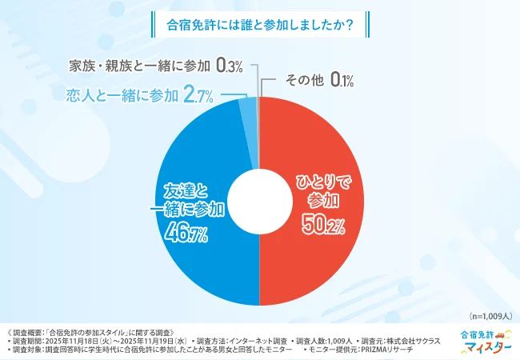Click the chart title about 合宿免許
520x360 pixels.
(259, 24)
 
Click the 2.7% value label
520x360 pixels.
(198, 97)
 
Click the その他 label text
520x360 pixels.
(303, 81)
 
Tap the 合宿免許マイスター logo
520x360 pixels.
(486, 341)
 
